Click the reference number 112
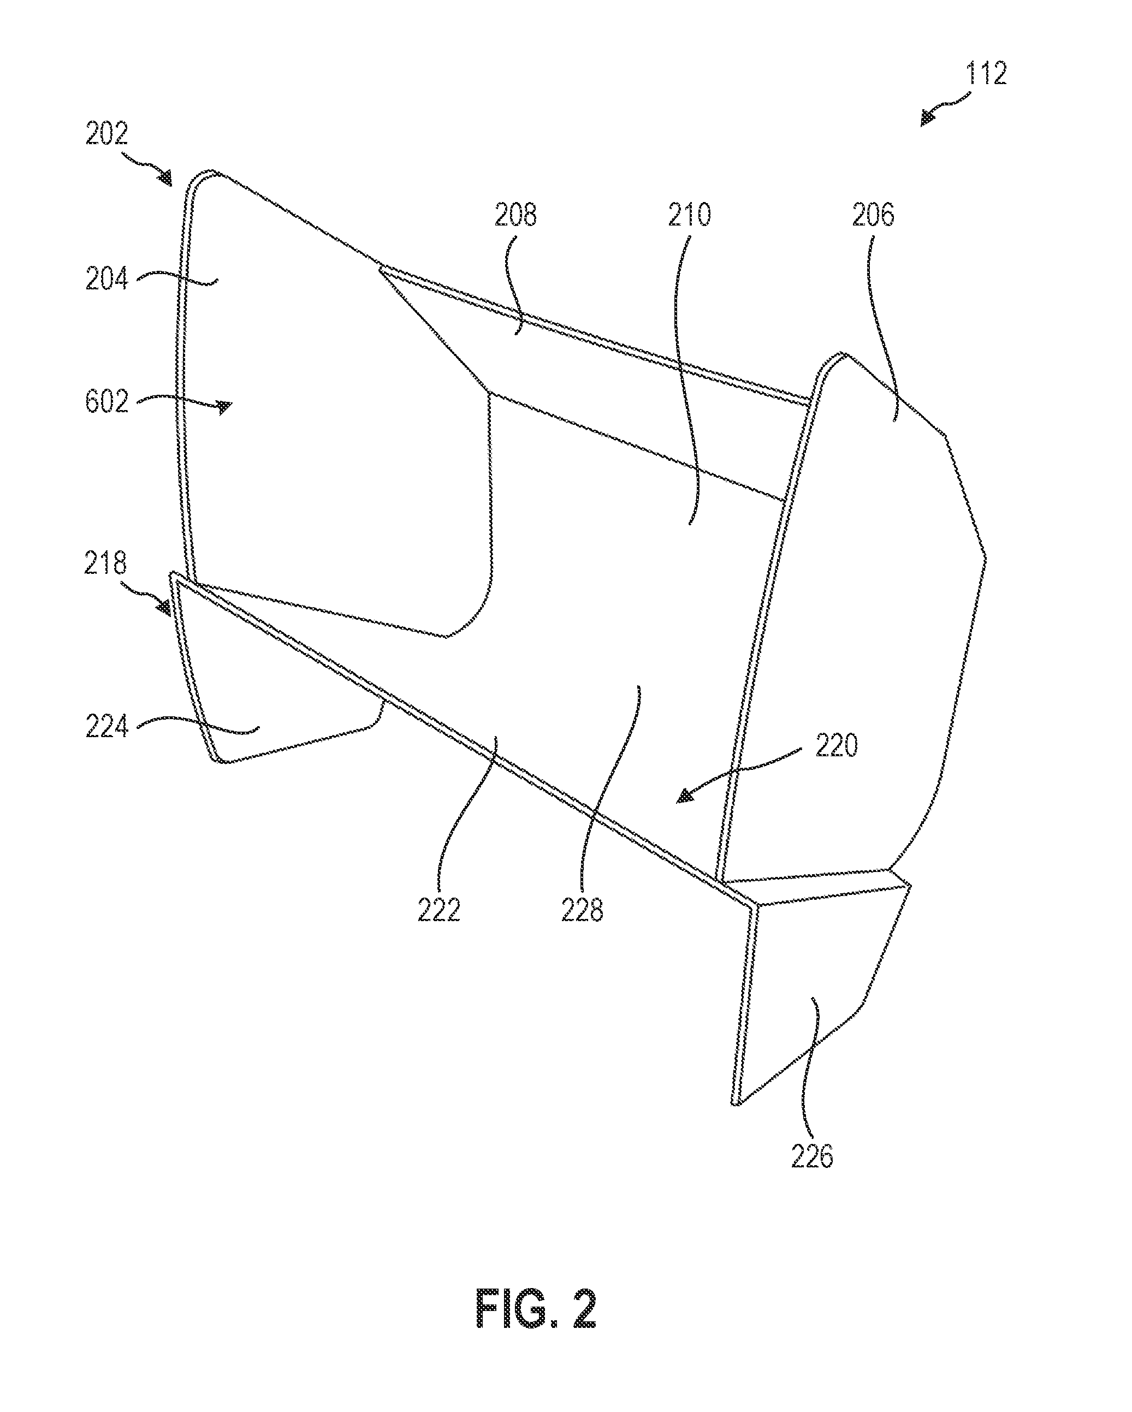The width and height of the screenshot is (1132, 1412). [x=985, y=74]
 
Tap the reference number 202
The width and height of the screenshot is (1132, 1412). [x=106, y=134]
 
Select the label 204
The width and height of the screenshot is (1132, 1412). [x=106, y=280]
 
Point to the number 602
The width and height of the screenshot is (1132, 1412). [x=106, y=401]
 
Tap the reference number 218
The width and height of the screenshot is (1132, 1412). [x=105, y=563]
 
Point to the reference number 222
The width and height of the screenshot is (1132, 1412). [x=439, y=910]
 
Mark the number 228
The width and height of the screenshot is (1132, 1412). [x=582, y=910]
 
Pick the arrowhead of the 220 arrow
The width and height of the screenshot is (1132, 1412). [x=685, y=795]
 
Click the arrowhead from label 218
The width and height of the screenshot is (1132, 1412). [x=164, y=608]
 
